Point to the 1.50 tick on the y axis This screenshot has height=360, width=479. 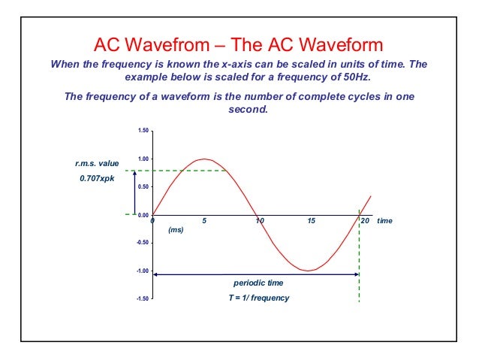[x=143, y=132]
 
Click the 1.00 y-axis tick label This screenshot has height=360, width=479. [x=143, y=159]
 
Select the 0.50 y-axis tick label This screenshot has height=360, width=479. [x=143, y=187]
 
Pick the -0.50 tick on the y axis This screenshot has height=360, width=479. [x=142, y=243]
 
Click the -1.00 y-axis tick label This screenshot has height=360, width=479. [x=142, y=271]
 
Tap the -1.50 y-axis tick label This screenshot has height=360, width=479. [x=142, y=298]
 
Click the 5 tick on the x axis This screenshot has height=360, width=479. [x=205, y=222]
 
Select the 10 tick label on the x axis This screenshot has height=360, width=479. [x=259, y=222]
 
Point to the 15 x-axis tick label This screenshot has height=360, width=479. [x=312, y=222]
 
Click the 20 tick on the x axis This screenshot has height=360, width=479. [x=365, y=222]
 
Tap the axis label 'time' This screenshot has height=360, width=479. [x=385, y=222]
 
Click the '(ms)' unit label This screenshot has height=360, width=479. [x=176, y=231]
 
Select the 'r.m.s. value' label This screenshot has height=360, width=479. [x=92, y=162]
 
